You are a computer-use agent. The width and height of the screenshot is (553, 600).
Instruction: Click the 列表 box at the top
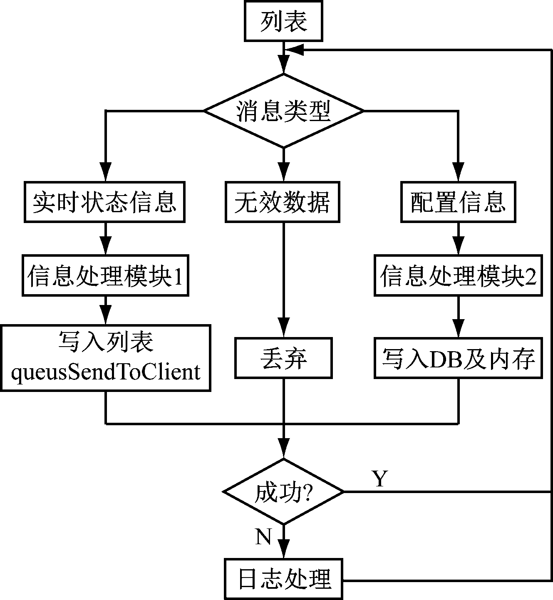pos(283,21)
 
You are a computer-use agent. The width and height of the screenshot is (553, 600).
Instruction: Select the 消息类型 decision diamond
pos(283,111)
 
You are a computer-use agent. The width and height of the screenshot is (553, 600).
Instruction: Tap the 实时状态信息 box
pos(104,202)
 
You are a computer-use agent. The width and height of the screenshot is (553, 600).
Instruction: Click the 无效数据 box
pos(283,202)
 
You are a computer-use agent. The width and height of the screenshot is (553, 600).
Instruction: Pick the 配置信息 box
pos(458,202)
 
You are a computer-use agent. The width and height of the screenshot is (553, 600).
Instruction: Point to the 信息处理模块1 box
pos(105,275)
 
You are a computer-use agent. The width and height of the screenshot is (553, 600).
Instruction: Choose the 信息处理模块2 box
pos(458,275)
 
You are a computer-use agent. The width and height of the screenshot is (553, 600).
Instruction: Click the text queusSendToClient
pos(106,372)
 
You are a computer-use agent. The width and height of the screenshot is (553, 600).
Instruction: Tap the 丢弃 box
pos(283,358)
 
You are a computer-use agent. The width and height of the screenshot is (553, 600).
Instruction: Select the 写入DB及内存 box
pos(458,358)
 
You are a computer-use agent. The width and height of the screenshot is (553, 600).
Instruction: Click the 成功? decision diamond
pos(283,492)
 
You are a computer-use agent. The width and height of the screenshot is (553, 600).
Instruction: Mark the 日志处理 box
pos(283,579)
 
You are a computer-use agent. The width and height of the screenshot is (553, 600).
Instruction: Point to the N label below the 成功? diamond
pos(263,537)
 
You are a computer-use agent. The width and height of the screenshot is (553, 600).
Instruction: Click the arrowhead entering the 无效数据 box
pos(283,172)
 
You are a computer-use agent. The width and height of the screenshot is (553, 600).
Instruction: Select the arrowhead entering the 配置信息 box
pos(458,172)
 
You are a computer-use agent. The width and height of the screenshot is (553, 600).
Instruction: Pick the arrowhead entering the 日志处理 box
pos(283,549)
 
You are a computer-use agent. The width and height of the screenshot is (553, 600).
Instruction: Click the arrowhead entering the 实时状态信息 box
pos(105,172)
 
